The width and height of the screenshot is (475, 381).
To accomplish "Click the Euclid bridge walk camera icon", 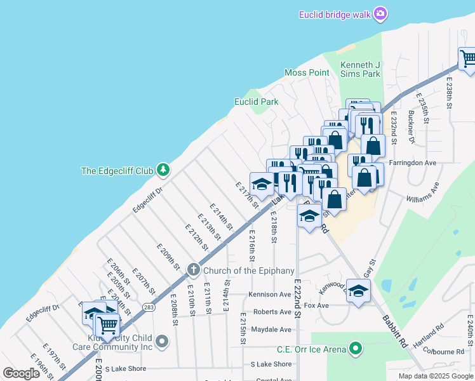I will pos(380,13).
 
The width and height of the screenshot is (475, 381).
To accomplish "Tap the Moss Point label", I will pos(307,72).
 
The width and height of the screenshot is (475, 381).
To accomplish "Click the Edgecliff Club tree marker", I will pos(164,170).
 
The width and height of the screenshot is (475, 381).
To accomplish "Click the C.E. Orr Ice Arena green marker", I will pos(356,349).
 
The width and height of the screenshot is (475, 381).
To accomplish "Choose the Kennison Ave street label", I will pos(270,295).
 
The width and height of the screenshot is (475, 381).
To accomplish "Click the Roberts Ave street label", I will pos(272,312).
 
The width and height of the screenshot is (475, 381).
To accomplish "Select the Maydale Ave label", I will pos(271,330).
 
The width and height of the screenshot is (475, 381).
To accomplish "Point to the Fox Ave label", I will pos(316,305).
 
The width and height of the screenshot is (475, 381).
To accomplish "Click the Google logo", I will pos(21,373).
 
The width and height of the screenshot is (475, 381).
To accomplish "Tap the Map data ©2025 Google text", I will pos(436,376).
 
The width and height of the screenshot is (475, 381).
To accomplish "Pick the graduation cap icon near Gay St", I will pos(359,291).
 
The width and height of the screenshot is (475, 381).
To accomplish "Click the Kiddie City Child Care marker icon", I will pos(163,342).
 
